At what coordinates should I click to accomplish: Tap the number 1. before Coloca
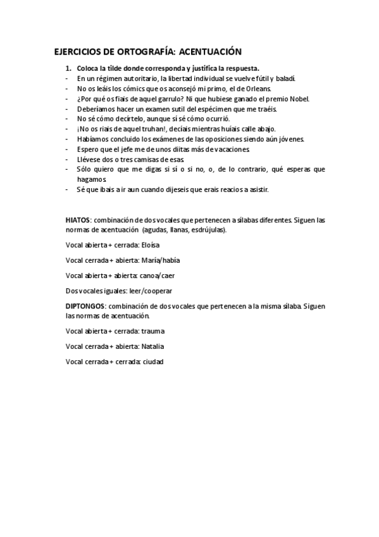pyautogui.click(x=69, y=68)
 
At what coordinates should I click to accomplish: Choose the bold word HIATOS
pyautogui.click(x=78, y=220)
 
